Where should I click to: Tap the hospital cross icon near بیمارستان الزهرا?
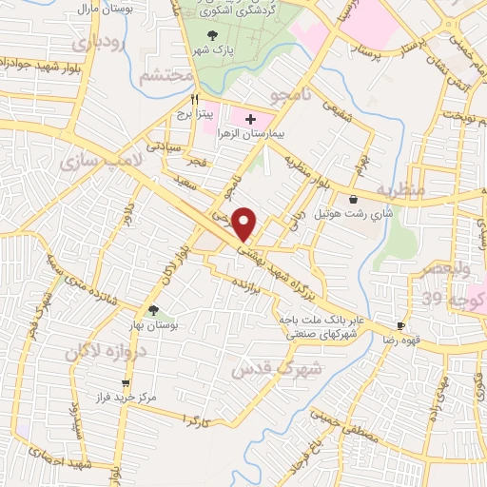[x=250, y=119]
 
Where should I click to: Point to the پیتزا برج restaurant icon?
[x=194, y=98]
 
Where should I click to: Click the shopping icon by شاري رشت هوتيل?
[x=354, y=200]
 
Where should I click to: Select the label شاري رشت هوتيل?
[x=354, y=214]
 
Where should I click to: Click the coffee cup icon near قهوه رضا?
[x=400, y=325]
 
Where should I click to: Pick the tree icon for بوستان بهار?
[x=152, y=309]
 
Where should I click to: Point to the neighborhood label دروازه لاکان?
[x=100, y=351]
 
